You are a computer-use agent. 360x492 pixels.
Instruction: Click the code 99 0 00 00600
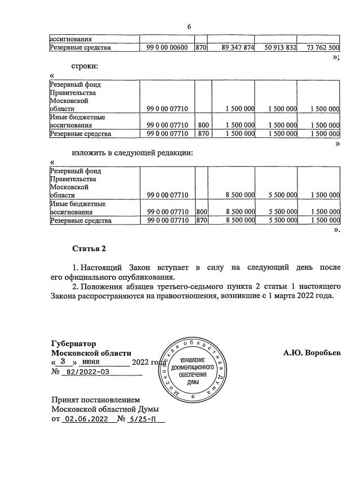pyautogui.click(x=167, y=48)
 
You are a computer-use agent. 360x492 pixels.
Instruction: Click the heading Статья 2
pyautogui.click(x=89, y=248)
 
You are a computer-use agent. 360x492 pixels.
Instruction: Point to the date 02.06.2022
pyautogui.click(x=86, y=419)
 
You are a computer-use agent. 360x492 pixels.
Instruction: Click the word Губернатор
pyautogui.click(x=73, y=343)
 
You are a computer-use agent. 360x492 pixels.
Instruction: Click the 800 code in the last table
pyautogui.click(x=201, y=212)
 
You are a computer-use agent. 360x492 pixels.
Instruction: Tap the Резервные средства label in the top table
pyautogui.click(x=81, y=48)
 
